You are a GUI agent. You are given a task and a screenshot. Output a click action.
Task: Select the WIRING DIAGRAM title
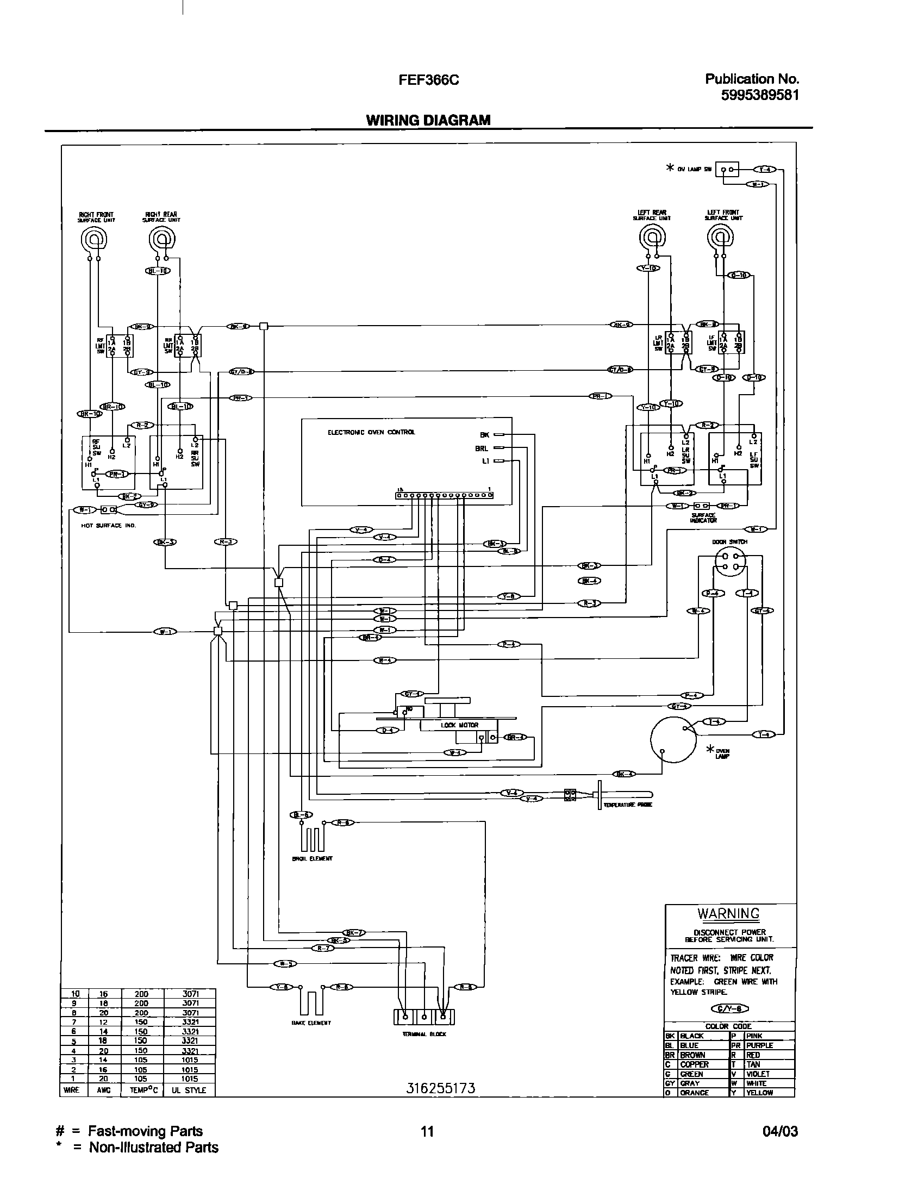[x=428, y=120]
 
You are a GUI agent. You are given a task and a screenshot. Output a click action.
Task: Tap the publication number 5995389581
[x=760, y=95]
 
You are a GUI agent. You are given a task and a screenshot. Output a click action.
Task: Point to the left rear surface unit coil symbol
[x=652, y=238]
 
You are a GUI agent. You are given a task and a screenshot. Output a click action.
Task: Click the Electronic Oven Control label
[x=371, y=432]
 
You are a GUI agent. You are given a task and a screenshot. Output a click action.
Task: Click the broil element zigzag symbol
[x=311, y=840]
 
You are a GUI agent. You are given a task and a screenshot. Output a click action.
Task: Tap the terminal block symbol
[x=423, y=1016]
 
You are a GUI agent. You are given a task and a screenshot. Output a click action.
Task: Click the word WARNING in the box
[x=728, y=914]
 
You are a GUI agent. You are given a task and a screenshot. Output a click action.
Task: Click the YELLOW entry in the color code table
[x=759, y=1092]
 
